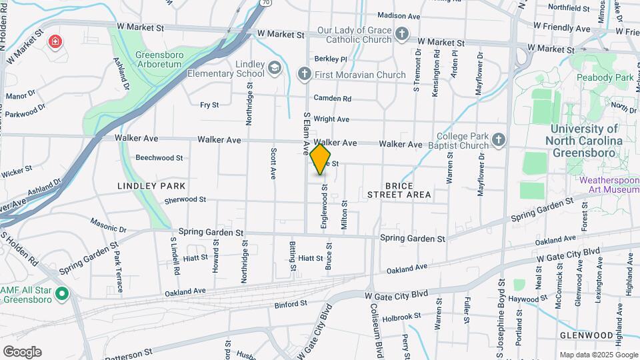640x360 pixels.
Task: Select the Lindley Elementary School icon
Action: pyautogui.click(x=274, y=68)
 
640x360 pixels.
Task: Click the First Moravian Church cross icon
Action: pyautogui.click(x=305, y=74)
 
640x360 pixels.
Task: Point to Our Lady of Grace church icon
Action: pyautogui.click(x=402, y=34)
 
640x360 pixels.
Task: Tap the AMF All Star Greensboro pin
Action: pyautogui.click(x=62, y=293)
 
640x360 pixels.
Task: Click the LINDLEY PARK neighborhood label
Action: pyautogui.click(x=151, y=185)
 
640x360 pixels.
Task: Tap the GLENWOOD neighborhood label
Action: pyautogui.click(x=586, y=335)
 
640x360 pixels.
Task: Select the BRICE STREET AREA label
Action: pyautogui.click(x=399, y=190)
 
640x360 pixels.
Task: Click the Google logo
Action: pyautogui.click(x=22, y=351)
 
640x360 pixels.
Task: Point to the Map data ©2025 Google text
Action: pyautogui.click(x=599, y=355)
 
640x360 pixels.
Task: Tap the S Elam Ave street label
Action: pyautogui.click(x=308, y=133)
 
